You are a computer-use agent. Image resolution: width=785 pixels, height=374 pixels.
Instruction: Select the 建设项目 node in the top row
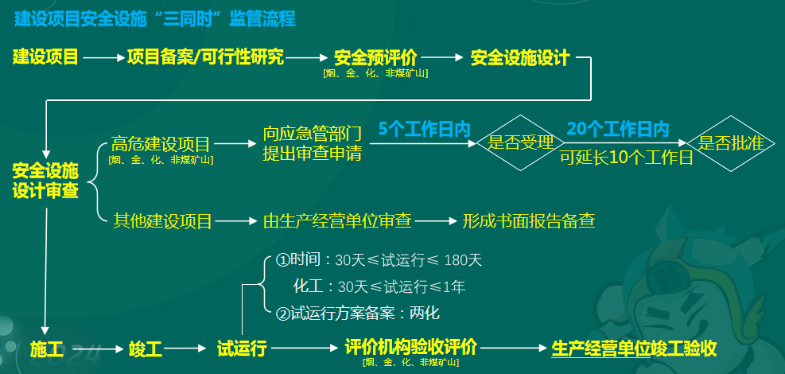coord(45,57)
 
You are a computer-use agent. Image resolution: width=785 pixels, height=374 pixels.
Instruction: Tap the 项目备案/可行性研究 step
coord(205,57)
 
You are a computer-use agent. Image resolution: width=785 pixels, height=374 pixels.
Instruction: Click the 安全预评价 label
coord(375,58)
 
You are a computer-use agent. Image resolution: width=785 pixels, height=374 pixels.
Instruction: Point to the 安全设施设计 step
coord(520,58)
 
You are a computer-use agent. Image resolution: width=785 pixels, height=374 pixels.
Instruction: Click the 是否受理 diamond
coord(520,143)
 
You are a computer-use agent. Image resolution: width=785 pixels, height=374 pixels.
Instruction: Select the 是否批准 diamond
coord(730,143)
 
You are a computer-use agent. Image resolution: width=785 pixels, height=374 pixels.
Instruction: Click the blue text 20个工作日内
coord(618,128)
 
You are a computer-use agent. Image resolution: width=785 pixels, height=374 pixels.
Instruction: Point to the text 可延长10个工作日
coord(627,157)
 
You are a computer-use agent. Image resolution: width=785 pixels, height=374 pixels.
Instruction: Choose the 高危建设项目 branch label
coord(161,144)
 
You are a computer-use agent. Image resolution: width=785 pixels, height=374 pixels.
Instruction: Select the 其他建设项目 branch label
coord(162,220)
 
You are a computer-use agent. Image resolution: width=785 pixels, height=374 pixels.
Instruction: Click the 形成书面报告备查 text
coord(529,220)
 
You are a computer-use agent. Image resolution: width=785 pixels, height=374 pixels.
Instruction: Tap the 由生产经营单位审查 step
coord(336,220)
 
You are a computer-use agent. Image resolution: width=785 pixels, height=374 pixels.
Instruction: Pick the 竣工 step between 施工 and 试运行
coord(145,349)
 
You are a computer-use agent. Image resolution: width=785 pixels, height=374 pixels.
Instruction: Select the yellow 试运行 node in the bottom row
coord(241,349)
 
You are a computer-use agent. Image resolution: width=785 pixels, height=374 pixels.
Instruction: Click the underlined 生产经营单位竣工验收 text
coord(634,349)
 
